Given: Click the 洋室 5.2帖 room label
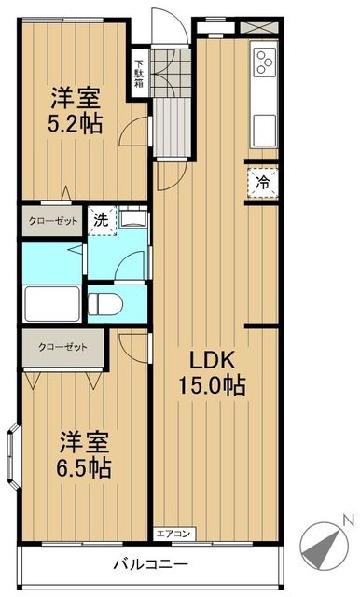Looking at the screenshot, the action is (x=76, y=110).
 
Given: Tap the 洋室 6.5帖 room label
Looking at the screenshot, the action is (x=84, y=454).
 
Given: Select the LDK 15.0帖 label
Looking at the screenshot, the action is (x=212, y=372).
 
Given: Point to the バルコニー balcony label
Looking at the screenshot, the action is (x=151, y=563).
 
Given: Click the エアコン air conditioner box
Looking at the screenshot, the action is (x=174, y=534).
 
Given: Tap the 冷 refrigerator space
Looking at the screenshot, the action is (x=263, y=183).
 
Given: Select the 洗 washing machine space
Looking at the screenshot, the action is (x=102, y=220).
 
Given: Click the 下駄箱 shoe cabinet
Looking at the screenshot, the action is (x=139, y=74).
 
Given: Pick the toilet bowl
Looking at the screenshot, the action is (x=105, y=304).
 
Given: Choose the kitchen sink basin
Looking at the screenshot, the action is (x=264, y=131).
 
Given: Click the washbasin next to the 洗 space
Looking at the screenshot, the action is (x=132, y=217).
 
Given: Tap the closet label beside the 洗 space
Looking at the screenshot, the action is (x=53, y=221).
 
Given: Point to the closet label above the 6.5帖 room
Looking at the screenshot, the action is (x=62, y=348).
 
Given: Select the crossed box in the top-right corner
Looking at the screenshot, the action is (x=259, y=27).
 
